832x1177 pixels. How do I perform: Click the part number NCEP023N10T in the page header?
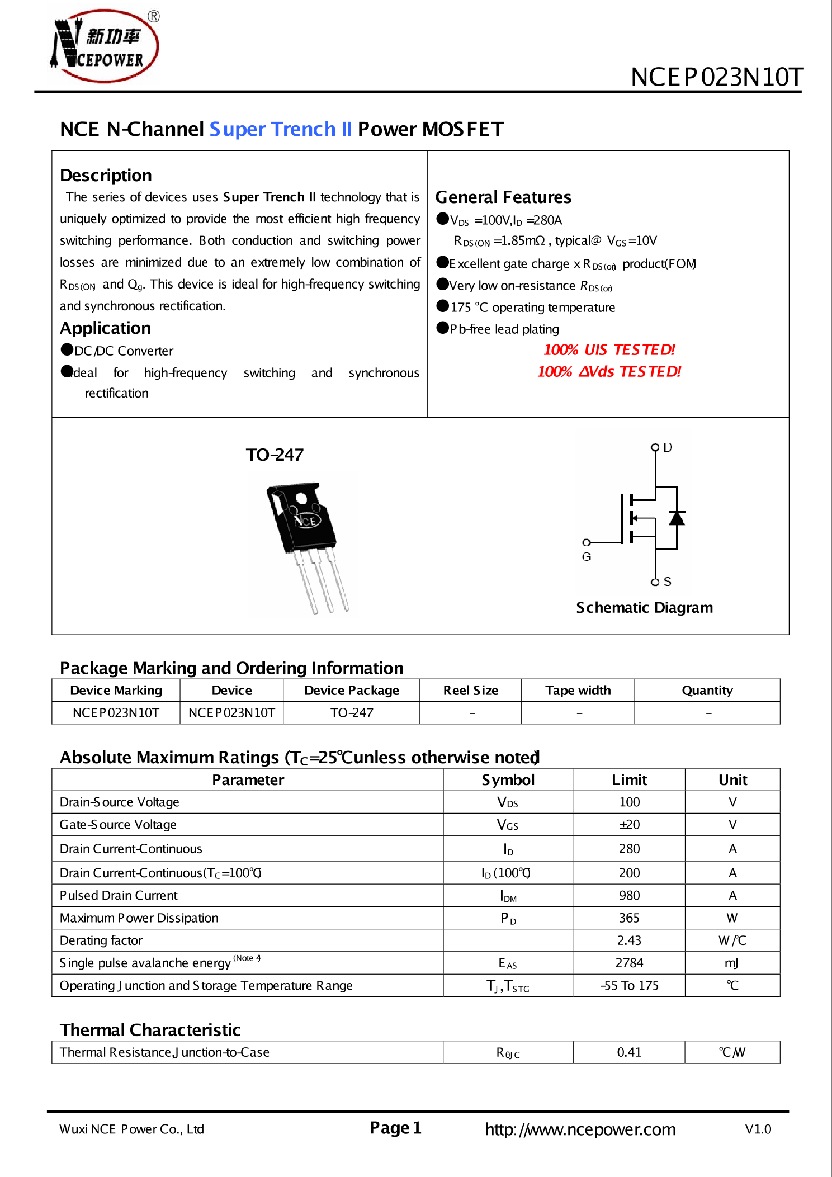[x=717, y=77]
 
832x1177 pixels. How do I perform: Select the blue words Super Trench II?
[x=281, y=129]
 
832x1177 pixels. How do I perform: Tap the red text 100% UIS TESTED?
[x=609, y=350]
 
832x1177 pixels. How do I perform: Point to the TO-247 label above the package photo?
[x=275, y=455]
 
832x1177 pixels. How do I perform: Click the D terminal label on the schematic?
[x=668, y=447]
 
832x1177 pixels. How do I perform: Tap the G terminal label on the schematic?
[x=586, y=557]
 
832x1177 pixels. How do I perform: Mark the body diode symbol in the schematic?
[x=677, y=518]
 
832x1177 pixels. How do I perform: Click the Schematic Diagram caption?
[x=644, y=607]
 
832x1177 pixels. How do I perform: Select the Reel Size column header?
[x=470, y=691]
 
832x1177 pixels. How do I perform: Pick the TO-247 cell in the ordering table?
[x=351, y=713]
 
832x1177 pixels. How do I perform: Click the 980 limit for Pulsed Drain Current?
[x=629, y=895]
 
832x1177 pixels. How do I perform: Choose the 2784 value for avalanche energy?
[x=629, y=963]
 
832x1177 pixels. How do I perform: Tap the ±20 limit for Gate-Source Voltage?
[x=629, y=825]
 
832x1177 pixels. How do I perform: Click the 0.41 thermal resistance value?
[x=629, y=1052]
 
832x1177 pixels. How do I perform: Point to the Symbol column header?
[x=508, y=780]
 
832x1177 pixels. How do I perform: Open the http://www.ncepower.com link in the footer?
[x=580, y=1129]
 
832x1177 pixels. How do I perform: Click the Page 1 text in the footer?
[x=395, y=1128]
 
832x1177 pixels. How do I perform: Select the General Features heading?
[x=503, y=197]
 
